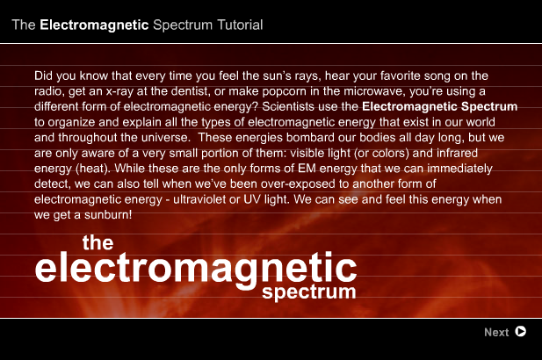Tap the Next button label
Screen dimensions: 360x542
496,332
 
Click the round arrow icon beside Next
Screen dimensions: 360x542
521,332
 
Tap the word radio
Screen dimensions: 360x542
51,92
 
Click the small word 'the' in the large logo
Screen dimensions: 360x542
98,242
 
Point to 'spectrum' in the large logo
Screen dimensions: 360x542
309,291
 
